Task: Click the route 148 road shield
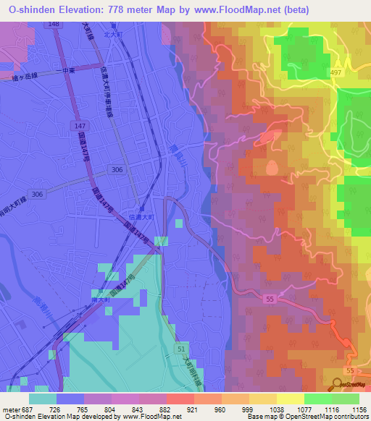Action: pyautogui.click(x=54, y=25)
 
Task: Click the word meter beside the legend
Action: pyautogui.click(x=10, y=409)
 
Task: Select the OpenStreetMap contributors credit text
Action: pyautogui.click(x=329, y=417)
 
